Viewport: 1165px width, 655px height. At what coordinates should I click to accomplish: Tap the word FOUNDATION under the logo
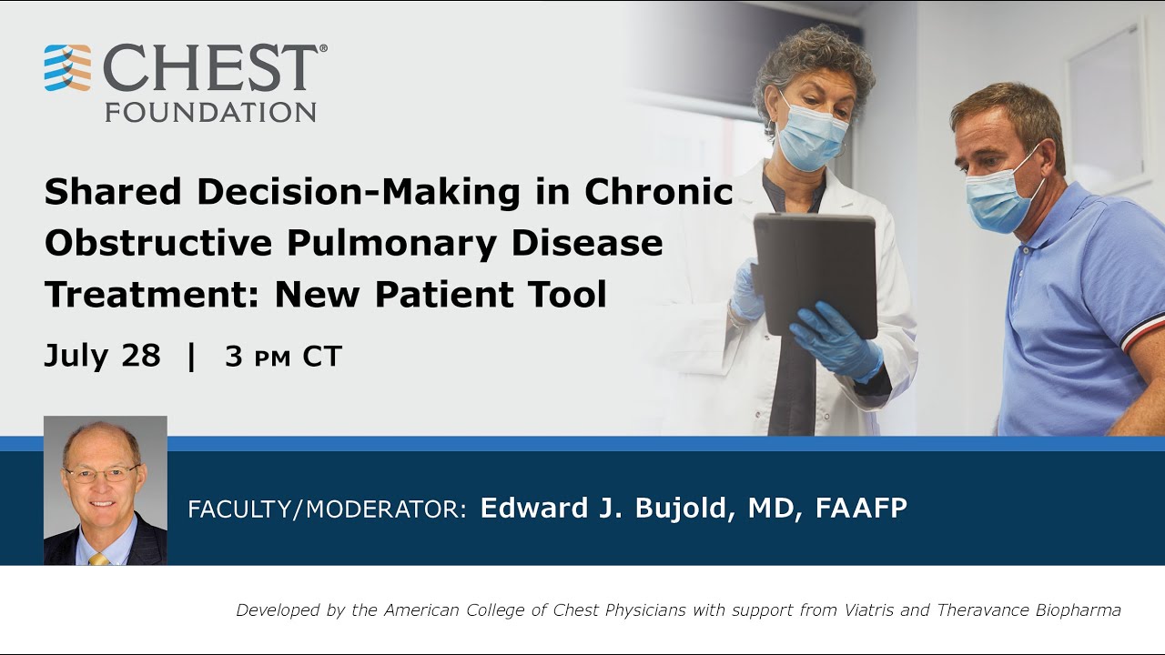tap(210, 112)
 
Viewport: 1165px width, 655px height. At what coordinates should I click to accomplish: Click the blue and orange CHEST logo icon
tap(67, 68)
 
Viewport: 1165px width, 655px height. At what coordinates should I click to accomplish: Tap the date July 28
tap(102, 356)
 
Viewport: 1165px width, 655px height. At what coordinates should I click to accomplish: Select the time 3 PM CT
tap(283, 357)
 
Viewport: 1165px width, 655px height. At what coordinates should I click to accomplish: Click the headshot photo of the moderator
tap(106, 490)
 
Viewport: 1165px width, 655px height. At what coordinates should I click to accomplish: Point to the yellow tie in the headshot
tap(98, 559)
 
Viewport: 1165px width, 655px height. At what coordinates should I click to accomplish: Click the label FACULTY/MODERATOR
tap(327, 509)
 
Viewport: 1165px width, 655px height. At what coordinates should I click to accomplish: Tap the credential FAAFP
tap(861, 508)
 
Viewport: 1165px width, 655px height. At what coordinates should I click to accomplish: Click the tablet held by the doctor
tap(815, 273)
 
